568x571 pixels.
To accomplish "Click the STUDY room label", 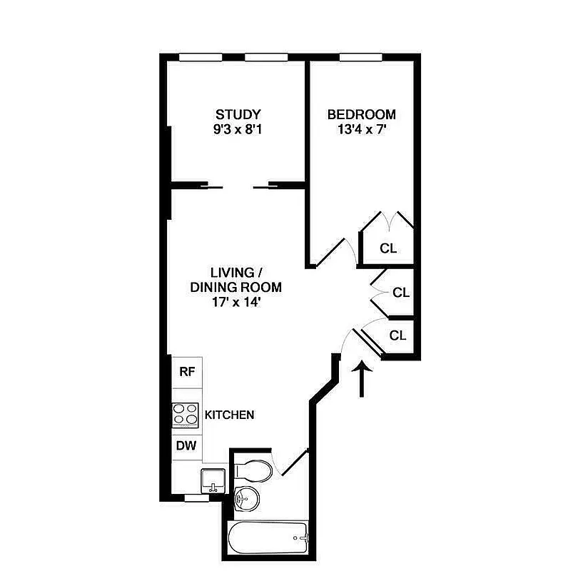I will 238,114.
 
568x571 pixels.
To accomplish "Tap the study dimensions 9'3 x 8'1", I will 238,131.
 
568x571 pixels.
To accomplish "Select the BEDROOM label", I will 360,114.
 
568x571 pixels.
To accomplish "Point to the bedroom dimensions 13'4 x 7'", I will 360,131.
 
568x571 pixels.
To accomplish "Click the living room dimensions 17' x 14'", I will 235,303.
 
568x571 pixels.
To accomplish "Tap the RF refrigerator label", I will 187,371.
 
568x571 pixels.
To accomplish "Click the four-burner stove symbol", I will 186,415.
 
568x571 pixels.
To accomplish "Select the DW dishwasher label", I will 187,448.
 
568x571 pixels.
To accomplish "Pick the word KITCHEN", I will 230,415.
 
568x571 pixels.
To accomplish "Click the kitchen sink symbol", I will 212,480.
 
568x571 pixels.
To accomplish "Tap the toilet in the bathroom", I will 253,470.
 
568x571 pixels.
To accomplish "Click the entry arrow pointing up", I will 363,378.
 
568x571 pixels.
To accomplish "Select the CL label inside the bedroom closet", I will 387,248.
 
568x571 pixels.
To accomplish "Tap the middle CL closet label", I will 400,293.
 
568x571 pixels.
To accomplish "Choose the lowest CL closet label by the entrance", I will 397,335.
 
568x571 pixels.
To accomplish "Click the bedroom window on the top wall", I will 361,58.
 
